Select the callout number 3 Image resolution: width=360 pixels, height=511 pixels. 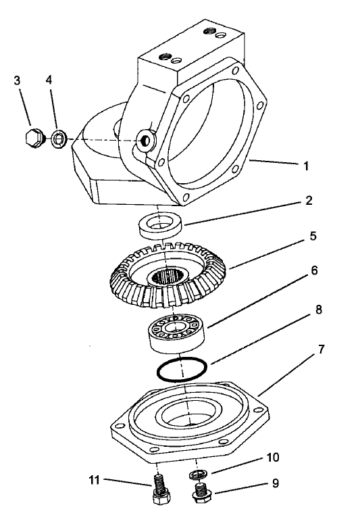coord(16,80)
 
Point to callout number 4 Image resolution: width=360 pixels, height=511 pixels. coord(49,80)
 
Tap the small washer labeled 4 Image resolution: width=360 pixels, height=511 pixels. coord(59,140)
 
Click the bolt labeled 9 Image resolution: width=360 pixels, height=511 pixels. coord(200,492)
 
